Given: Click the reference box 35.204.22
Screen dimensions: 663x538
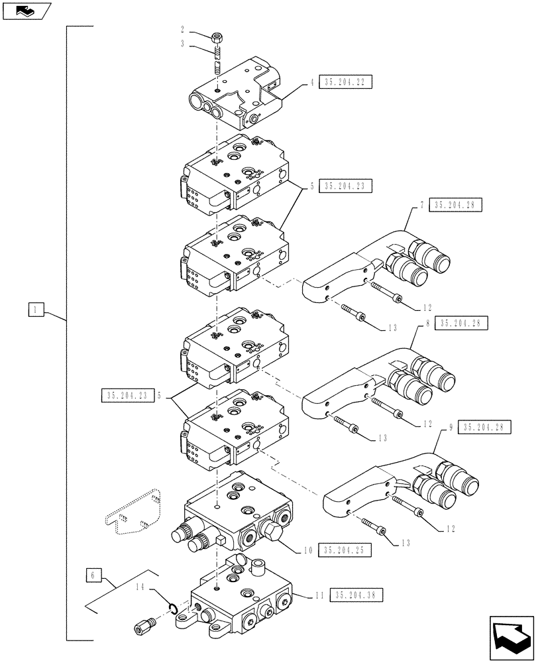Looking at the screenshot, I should (345, 83).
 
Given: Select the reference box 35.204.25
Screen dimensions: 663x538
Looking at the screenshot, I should (345, 550).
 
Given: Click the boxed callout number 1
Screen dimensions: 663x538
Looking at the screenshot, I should (36, 309).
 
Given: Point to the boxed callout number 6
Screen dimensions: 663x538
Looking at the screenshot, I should (93, 574).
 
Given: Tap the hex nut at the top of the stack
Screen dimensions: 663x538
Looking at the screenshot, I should (217, 37).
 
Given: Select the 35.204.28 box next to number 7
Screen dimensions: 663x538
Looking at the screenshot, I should (456, 205).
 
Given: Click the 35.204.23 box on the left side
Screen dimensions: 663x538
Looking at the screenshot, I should (125, 396).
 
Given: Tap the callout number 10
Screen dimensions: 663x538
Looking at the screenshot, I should (307, 550).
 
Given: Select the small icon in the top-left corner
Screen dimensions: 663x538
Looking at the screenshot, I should (23, 11).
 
